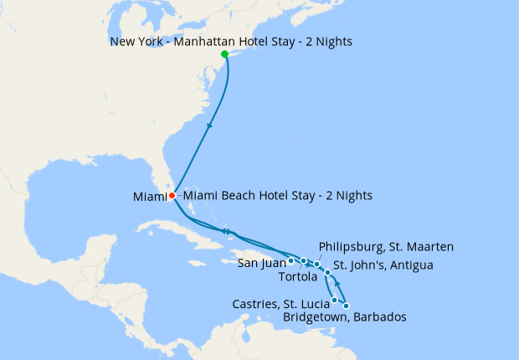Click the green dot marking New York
(x=224, y=54)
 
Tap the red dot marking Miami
(x=172, y=196)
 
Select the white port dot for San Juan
(x=290, y=260)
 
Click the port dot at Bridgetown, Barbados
(x=346, y=306)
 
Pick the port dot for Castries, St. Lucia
(x=335, y=300)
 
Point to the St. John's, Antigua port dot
(x=328, y=273)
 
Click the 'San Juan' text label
(x=262, y=263)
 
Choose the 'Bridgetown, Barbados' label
(x=345, y=318)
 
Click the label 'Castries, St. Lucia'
(x=280, y=303)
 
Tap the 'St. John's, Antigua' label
(x=383, y=266)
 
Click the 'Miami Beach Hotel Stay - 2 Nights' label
(x=277, y=196)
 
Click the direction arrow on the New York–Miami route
(x=208, y=126)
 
